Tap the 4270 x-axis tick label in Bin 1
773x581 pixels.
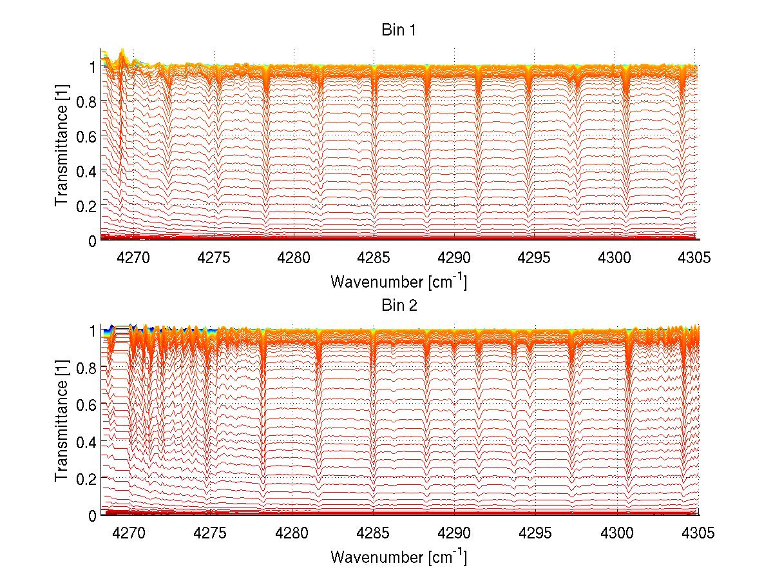(x=133, y=258)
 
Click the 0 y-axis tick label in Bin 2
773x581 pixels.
(x=92, y=516)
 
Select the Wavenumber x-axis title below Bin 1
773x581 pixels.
(x=399, y=282)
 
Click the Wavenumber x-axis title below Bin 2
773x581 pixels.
(x=399, y=556)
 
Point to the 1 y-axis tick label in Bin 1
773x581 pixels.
(x=92, y=66)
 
